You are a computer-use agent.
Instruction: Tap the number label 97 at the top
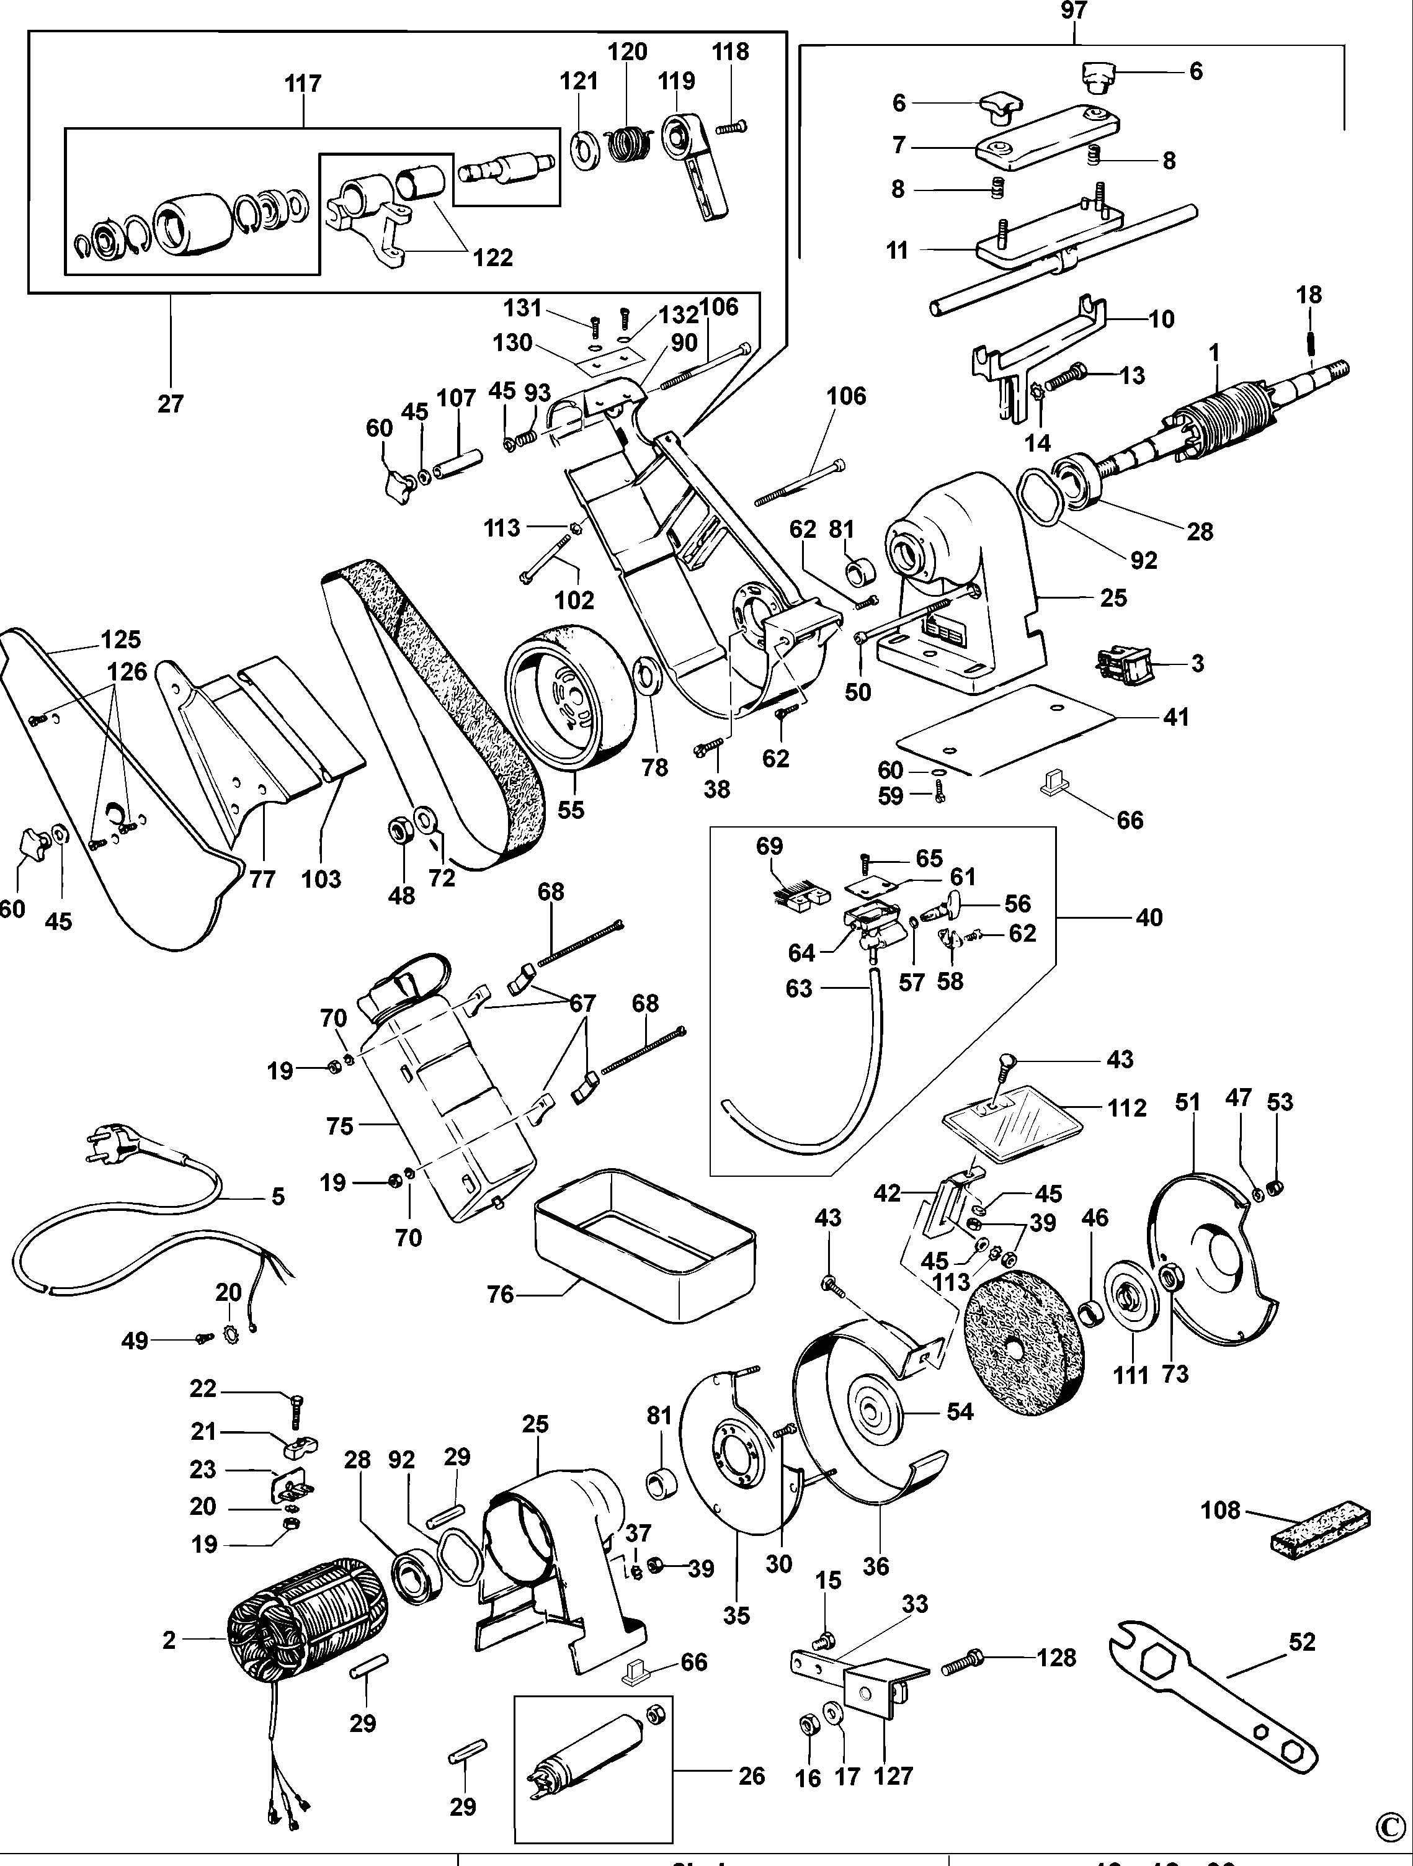pyautogui.click(x=1073, y=11)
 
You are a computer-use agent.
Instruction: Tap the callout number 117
pyautogui.click(x=303, y=84)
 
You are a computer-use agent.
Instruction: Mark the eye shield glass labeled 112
pyautogui.click(x=1012, y=1128)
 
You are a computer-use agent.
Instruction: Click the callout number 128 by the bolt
pyautogui.click(x=1056, y=1658)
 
